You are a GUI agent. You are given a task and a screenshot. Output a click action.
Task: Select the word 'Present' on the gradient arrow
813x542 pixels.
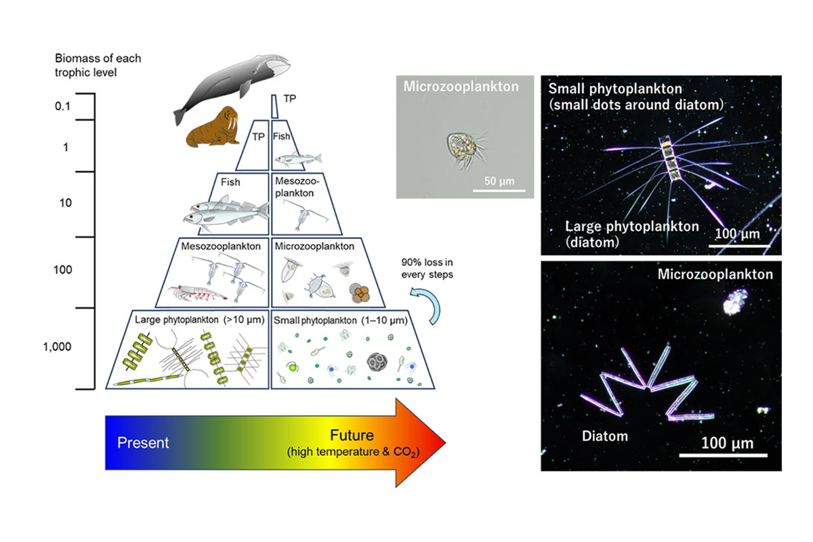pyautogui.click(x=143, y=443)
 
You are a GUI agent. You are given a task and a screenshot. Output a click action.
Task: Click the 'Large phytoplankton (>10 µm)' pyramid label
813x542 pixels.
pyautogui.click(x=190, y=319)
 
